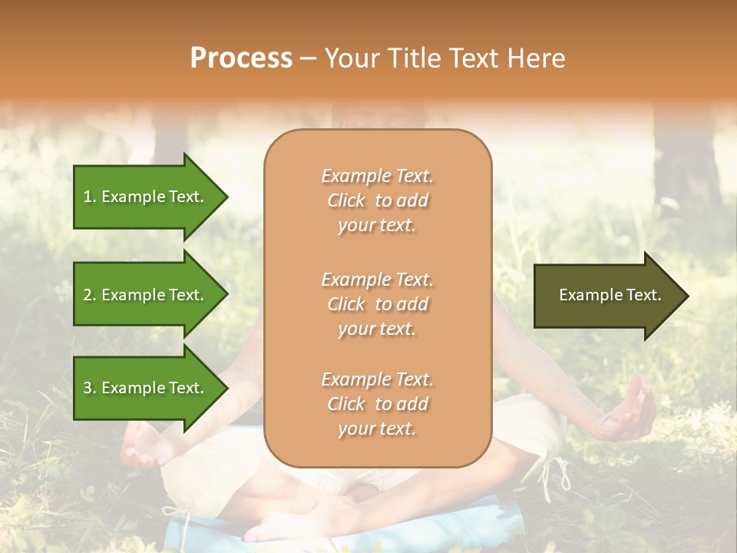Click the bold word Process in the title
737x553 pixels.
pyautogui.click(x=241, y=58)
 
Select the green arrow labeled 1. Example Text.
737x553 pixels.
pyautogui.click(x=146, y=197)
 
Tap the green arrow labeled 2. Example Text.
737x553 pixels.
pyautogui.click(x=146, y=295)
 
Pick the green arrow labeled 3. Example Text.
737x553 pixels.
pyautogui.click(x=146, y=388)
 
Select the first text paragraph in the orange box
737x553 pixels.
pyautogui.click(x=377, y=200)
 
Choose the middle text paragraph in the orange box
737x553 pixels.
pyautogui.click(x=377, y=303)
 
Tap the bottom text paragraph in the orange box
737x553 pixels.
pyautogui.click(x=377, y=404)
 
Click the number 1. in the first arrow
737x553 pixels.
pyautogui.click(x=90, y=197)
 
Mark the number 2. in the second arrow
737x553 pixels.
pyautogui.click(x=90, y=295)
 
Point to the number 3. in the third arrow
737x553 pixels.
pyautogui.click(x=90, y=388)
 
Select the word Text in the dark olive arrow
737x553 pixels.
pyautogui.click(x=643, y=295)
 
